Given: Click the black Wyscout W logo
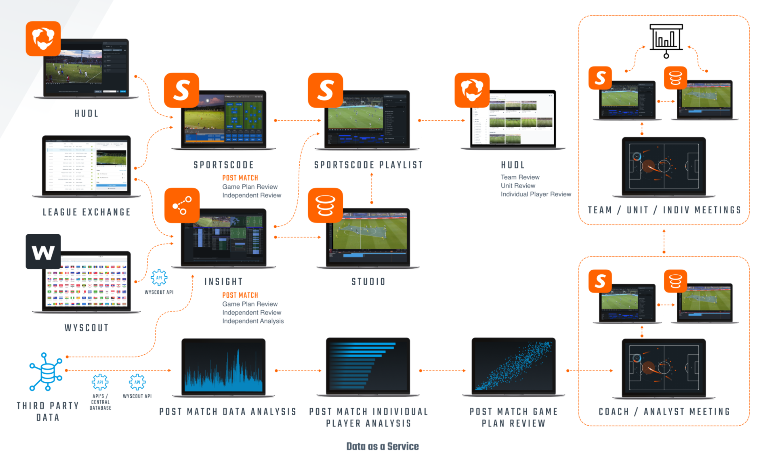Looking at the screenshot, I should (x=43, y=251).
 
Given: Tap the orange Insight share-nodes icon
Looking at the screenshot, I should (x=182, y=205).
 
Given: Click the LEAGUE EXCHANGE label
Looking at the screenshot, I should (x=87, y=212).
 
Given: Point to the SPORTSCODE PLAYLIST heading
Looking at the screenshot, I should (x=368, y=165).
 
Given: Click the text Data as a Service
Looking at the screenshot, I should (x=382, y=446).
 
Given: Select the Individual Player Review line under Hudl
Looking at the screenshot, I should (x=535, y=194).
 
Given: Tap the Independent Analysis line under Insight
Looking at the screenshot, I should (x=253, y=321).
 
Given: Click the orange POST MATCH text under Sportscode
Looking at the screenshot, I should (x=240, y=178).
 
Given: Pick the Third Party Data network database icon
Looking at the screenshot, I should (x=46, y=371).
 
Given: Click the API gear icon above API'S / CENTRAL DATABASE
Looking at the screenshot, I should (x=100, y=382).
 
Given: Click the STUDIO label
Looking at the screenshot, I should (x=368, y=281).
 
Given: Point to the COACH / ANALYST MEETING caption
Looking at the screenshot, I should (x=664, y=412).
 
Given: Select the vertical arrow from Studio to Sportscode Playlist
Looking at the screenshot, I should (x=372, y=188).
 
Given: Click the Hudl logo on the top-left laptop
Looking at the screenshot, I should (x=43, y=39).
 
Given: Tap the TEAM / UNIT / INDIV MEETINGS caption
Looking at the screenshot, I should (x=664, y=210).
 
